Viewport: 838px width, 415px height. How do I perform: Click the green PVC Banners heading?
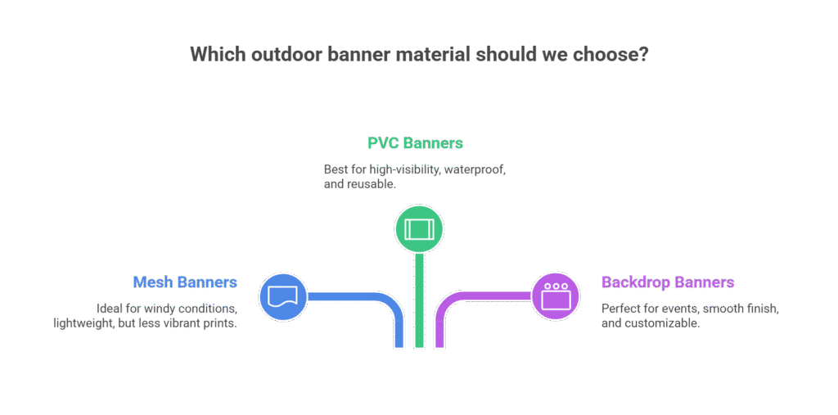pos(415,143)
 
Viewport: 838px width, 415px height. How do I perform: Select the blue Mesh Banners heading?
pos(185,282)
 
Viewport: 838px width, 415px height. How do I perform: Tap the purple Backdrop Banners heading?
pos(667,282)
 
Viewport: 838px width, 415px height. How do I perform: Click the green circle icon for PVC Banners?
pos(419,228)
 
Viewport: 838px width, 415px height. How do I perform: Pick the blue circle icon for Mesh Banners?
pos(282,295)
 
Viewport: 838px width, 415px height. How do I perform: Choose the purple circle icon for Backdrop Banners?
pos(556,295)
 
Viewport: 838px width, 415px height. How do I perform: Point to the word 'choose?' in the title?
pos(613,55)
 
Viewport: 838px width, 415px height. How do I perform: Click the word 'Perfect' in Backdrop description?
pos(621,308)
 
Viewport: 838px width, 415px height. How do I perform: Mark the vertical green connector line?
pos(419,303)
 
